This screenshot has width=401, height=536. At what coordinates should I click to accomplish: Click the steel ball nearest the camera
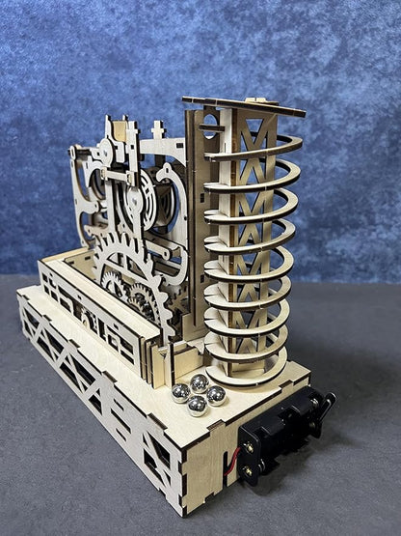pyautogui.click(x=198, y=405)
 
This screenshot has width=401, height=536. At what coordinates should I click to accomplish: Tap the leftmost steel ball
pyautogui.click(x=180, y=392)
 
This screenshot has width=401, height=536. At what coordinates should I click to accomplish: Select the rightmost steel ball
pyautogui.click(x=217, y=394)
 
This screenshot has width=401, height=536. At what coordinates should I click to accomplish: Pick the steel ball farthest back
pyautogui.click(x=200, y=382)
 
